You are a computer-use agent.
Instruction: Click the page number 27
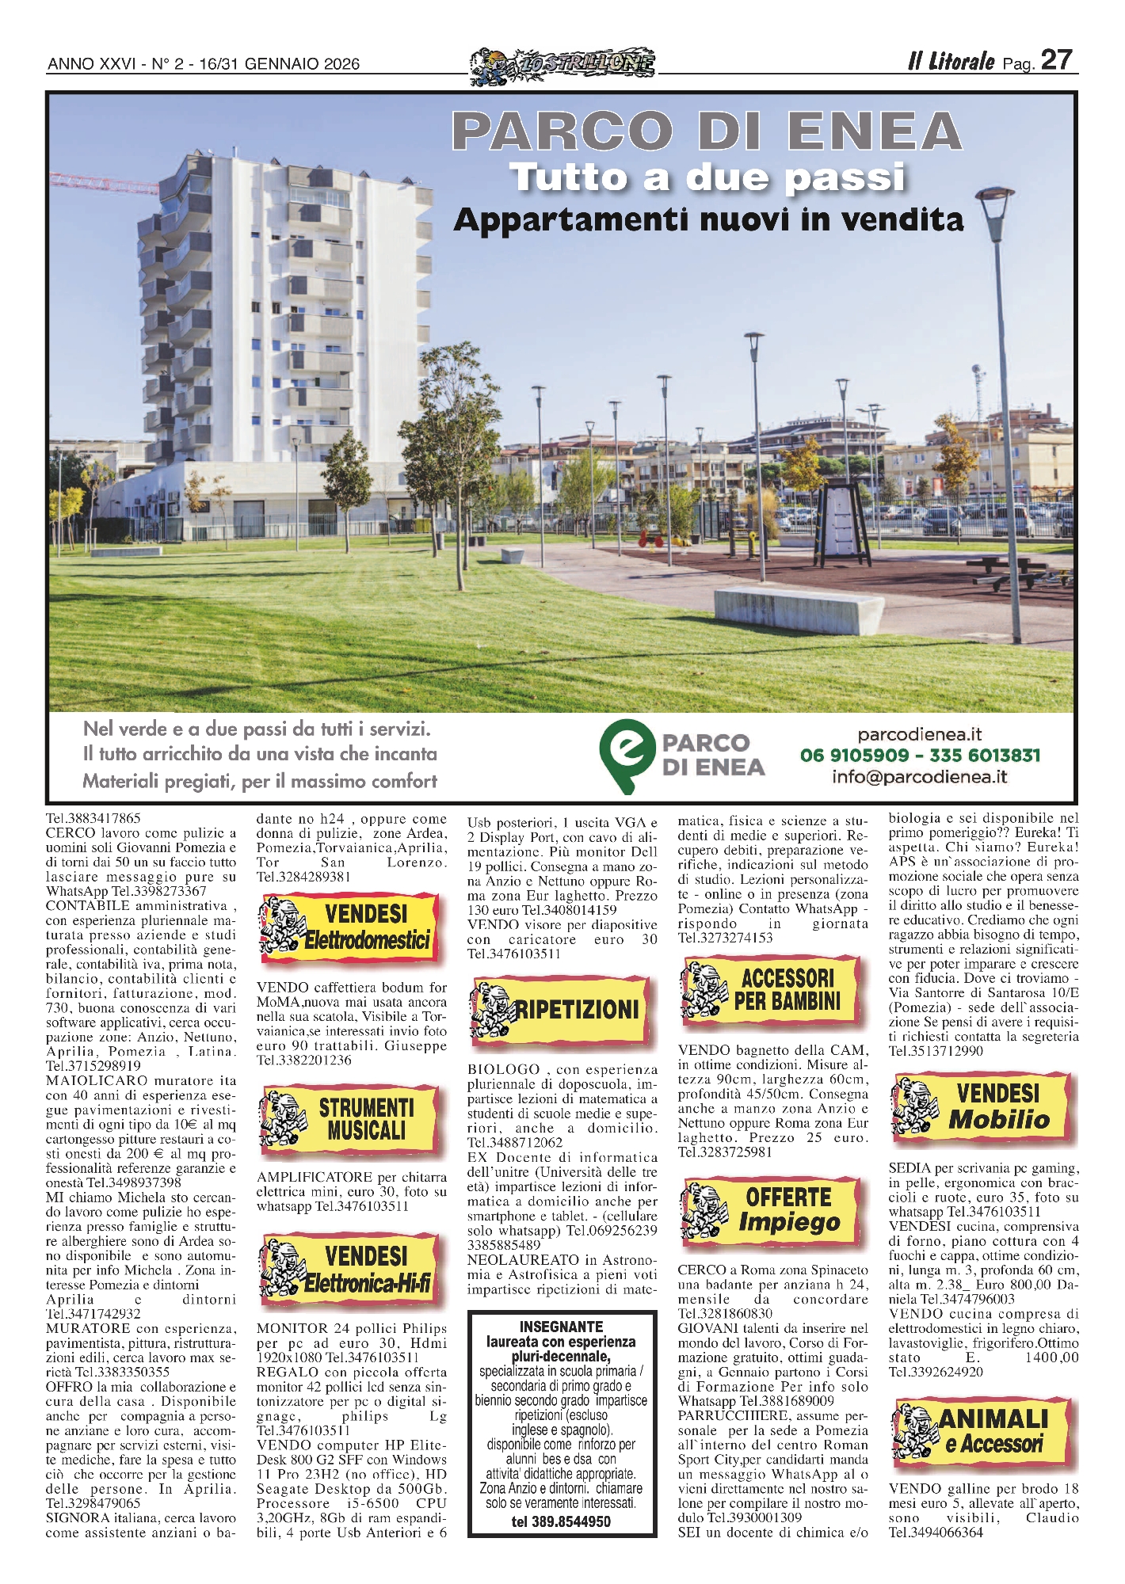1057,60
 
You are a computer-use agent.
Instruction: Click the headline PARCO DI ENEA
707,131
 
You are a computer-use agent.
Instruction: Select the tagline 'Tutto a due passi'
707,177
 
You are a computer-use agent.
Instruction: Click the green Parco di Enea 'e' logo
627,755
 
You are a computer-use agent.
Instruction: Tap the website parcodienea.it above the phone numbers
919,734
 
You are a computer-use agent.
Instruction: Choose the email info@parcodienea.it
919,777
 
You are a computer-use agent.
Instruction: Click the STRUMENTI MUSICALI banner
349,1119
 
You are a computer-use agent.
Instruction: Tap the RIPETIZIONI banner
560,1011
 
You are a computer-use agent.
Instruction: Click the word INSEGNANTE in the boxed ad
561,1327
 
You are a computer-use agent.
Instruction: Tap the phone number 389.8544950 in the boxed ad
561,1521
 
